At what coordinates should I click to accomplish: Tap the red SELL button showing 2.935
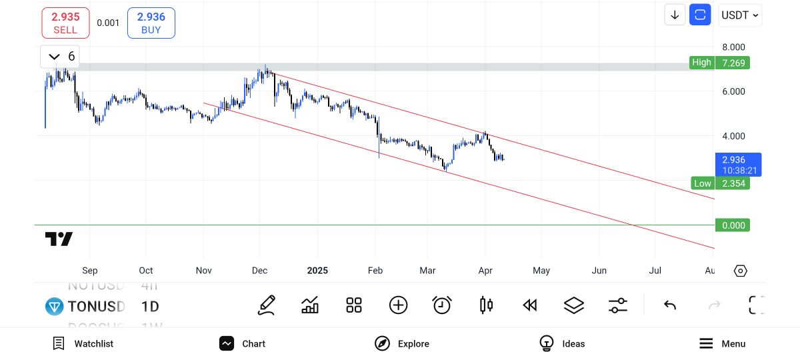(x=65, y=23)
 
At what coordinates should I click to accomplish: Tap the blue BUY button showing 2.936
(x=151, y=23)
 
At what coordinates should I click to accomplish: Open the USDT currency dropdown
(x=740, y=15)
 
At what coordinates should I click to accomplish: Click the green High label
(x=701, y=63)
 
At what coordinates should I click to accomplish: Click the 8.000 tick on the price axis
(x=733, y=47)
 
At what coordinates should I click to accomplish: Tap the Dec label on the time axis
(x=259, y=271)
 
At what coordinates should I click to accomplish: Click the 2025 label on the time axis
(x=317, y=271)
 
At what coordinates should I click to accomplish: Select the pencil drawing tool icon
(x=267, y=305)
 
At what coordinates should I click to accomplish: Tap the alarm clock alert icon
(x=442, y=305)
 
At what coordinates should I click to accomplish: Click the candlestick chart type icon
(x=486, y=305)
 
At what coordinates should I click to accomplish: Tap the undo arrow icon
(x=670, y=305)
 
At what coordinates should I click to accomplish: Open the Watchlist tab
(x=83, y=343)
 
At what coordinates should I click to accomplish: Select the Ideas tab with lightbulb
(x=562, y=343)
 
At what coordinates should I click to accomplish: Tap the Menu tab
(x=723, y=343)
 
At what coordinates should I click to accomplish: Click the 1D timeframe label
(x=150, y=307)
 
